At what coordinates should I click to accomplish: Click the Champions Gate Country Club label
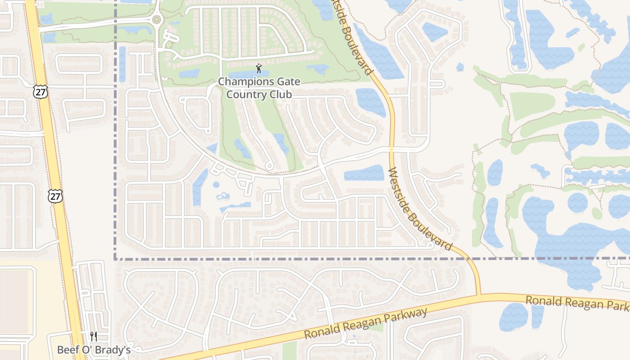click(x=259, y=88)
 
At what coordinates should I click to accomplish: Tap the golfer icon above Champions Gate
click(x=259, y=69)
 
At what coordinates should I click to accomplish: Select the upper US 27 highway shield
click(x=40, y=92)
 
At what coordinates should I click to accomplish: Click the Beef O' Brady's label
click(x=94, y=350)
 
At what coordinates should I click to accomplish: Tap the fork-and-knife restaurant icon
click(x=94, y=336)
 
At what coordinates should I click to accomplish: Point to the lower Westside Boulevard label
click(x=419, y=210)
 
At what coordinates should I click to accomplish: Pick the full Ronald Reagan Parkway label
click(x=365, y=324)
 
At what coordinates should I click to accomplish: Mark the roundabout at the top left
click(x=157, y=19)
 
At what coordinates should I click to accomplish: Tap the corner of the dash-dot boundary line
click(x=115, y=259)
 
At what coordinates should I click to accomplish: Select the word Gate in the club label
click(x=288, y=82)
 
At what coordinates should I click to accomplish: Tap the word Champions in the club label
click(x=246, y=82)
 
